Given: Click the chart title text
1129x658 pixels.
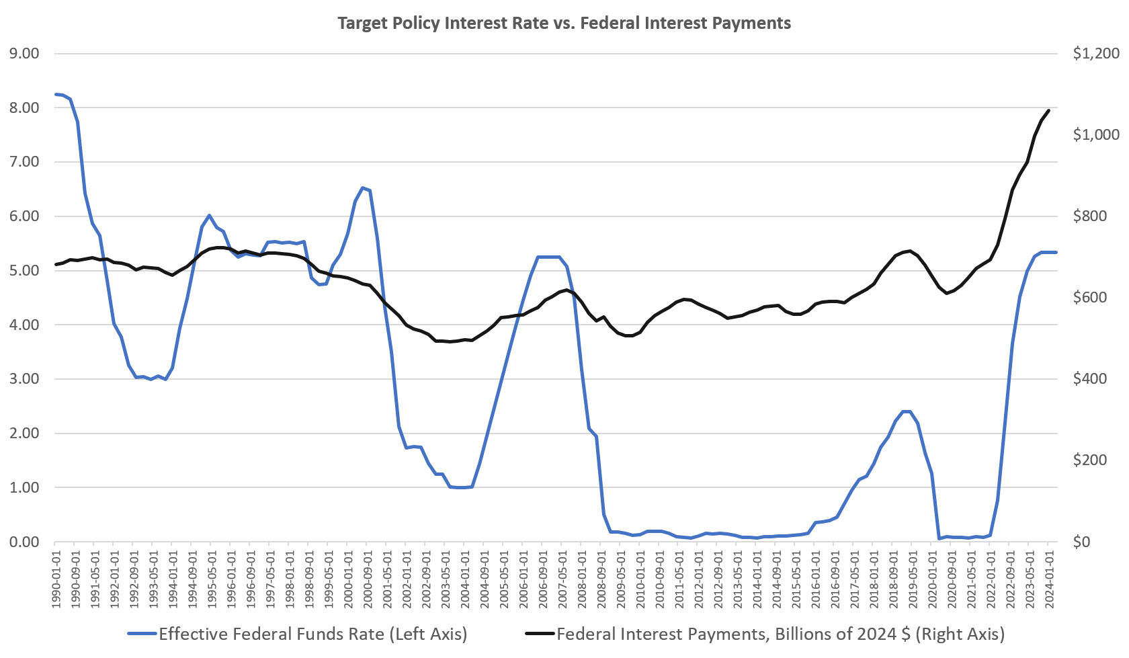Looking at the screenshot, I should coord(563,24).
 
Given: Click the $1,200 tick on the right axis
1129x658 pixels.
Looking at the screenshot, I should coord(1096,54).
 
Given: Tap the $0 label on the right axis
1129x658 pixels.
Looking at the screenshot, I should coord(1082,542).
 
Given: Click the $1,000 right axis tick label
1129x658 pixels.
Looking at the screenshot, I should coord(1096,135).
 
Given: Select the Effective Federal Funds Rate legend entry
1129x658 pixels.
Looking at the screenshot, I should coord(296,633).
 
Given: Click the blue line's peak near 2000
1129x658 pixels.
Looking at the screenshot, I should coord(363,188).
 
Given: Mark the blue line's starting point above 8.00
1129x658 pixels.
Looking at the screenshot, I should coord(56,94).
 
